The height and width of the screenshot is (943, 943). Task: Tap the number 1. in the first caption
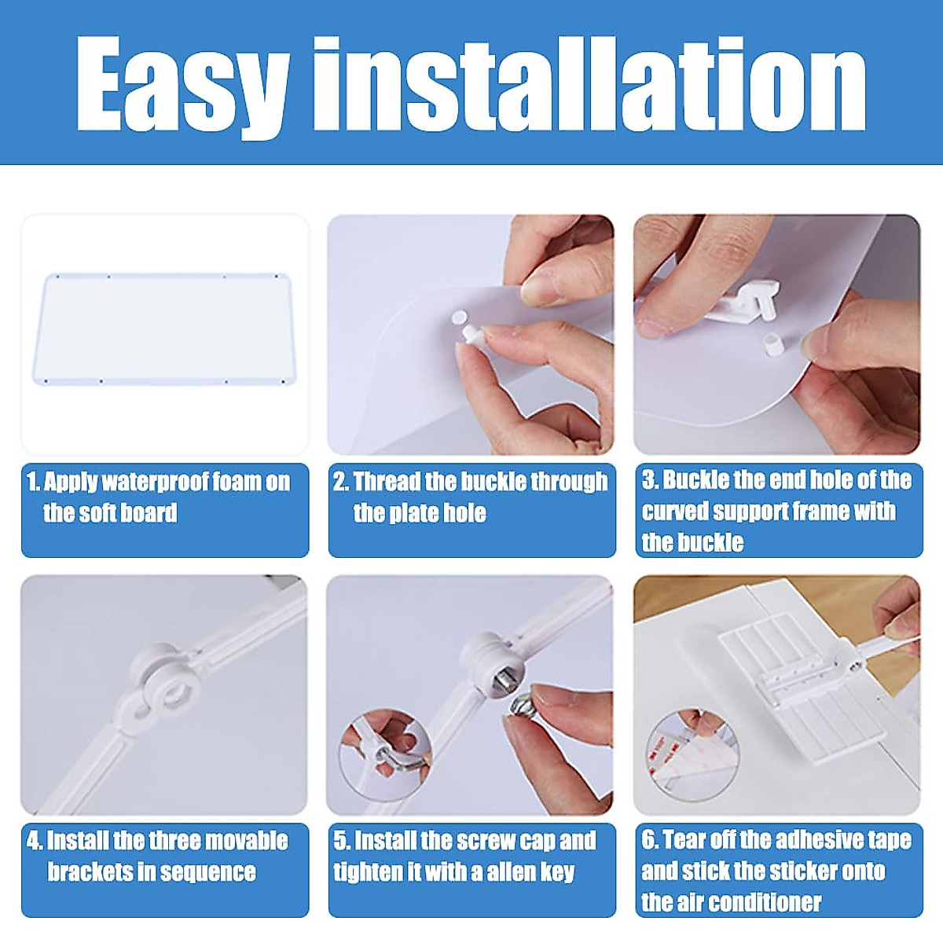(33, 482)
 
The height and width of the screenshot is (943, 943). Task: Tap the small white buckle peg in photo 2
(472, 335)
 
